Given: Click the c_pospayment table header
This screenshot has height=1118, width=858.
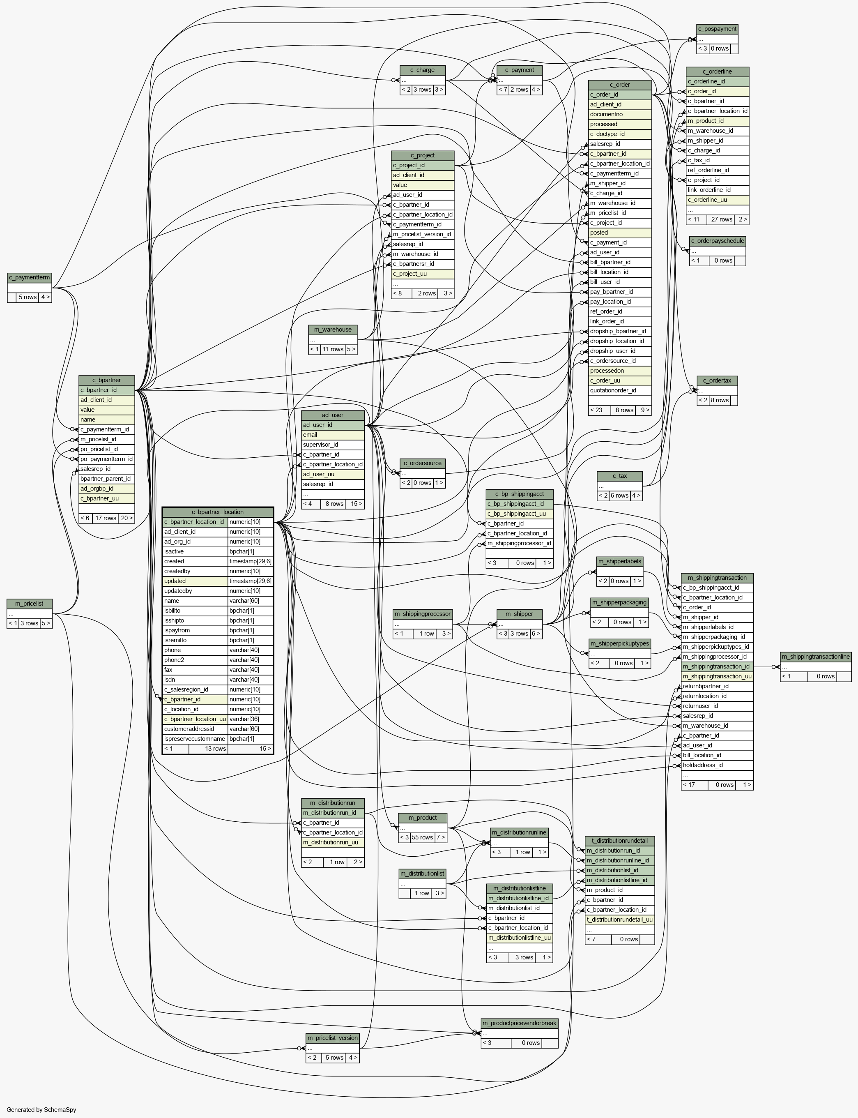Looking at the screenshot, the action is tap(717, 29).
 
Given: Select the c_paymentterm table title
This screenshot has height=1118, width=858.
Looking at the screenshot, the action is tap(30, 277).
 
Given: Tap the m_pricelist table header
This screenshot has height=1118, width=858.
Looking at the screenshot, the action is tap(30, 604).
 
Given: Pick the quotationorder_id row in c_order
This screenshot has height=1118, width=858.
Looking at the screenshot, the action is tap(619, 390).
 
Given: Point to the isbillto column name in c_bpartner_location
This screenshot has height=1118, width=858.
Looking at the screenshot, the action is tap(195, 611).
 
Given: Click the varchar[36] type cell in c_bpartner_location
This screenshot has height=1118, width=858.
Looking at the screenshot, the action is tap(250, 719).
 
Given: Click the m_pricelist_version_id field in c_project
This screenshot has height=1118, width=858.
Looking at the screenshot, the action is tap(423, 234).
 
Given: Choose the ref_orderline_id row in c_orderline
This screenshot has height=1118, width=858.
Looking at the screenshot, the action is tap(718, 170).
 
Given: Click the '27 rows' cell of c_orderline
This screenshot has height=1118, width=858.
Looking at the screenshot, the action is tap(722, 219).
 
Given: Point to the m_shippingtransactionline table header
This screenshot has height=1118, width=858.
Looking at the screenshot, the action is tap(816, 657).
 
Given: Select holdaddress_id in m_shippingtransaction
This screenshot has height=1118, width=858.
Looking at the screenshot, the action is tap(717, 765).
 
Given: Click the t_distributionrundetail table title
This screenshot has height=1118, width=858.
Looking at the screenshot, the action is tap(619, 841).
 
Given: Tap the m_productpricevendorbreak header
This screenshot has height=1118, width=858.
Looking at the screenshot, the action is tap(520, 1023).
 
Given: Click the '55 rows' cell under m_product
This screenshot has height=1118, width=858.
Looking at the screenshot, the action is tap(422, 837).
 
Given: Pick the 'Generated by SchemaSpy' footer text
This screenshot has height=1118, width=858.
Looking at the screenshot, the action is tap(41, 1109).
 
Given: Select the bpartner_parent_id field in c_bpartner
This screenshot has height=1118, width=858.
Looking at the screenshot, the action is tap(107, 479).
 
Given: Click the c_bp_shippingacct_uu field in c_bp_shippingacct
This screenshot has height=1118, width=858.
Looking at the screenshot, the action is tap(520, 514).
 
